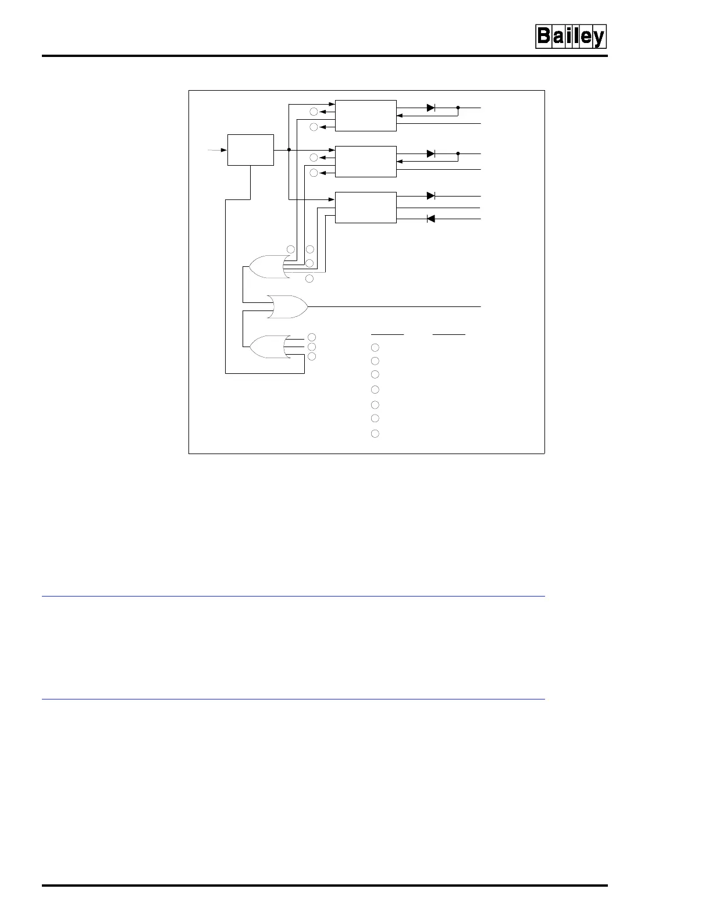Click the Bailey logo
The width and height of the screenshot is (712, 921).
click(571, 37)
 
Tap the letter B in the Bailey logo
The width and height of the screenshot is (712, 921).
click(544, 37)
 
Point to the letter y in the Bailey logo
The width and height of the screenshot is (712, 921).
click(598, 38)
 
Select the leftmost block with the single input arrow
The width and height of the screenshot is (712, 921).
click(250, 150)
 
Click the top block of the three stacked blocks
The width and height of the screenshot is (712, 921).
click(366, 116)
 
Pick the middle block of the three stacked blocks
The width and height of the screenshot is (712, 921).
click(366, 161)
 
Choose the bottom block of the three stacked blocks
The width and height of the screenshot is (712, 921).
click(366, 207)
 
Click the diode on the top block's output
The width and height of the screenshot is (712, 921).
click(431, 108)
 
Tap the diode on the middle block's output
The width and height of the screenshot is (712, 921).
click(431, 153)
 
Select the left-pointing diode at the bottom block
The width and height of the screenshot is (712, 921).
click(431, 219)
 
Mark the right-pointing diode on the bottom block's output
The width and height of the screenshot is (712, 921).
click(431, 196)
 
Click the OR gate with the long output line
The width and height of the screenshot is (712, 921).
click(287, 306)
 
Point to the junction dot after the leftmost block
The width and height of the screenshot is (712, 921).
click(289, 150)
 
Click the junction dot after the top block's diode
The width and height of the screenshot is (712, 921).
click(458, 108)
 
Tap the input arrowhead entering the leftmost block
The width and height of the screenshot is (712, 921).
click(224, 150)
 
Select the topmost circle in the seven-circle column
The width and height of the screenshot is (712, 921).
click(375, 347)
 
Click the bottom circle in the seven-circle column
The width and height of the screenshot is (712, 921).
click(375, 433)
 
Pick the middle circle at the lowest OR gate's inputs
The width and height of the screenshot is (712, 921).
click(312, 347)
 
